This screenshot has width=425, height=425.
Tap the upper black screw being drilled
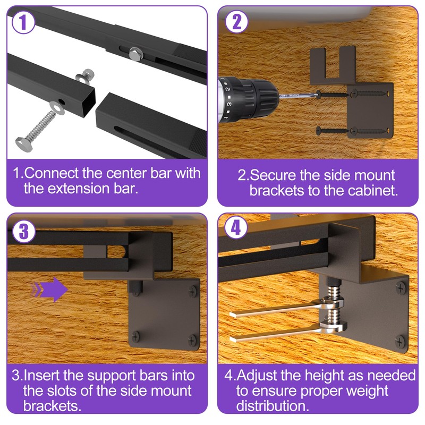pyautogui.click(x=332, y=95)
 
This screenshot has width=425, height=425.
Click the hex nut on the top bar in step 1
pyautogui.click(x=134, y=52)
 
